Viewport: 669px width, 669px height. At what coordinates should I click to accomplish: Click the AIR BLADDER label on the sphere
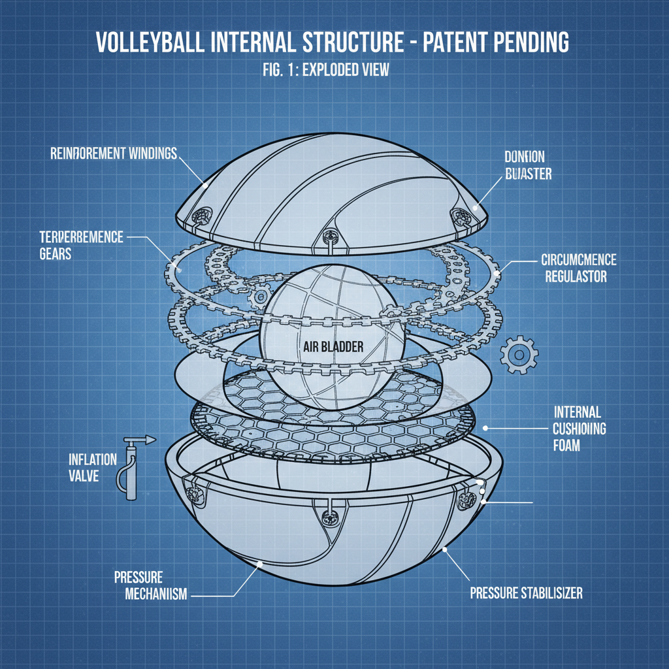click(x=333, y=348)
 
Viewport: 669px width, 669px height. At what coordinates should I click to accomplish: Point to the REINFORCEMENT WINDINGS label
click(x=113, y=154)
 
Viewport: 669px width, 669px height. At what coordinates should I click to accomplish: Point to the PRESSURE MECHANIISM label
click(x=150, y=586)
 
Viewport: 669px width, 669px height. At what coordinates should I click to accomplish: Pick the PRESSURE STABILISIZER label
click(x=526, y=593)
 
